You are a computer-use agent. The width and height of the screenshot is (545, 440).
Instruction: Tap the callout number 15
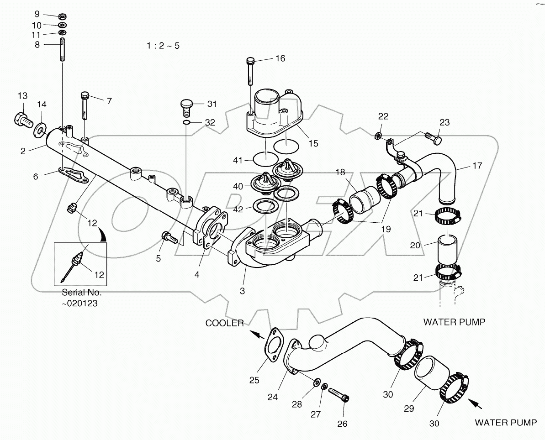(313, 143)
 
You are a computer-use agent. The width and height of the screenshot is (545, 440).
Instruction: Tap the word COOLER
(225, 323)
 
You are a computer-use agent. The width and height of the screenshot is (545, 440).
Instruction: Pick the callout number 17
(477, 166)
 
